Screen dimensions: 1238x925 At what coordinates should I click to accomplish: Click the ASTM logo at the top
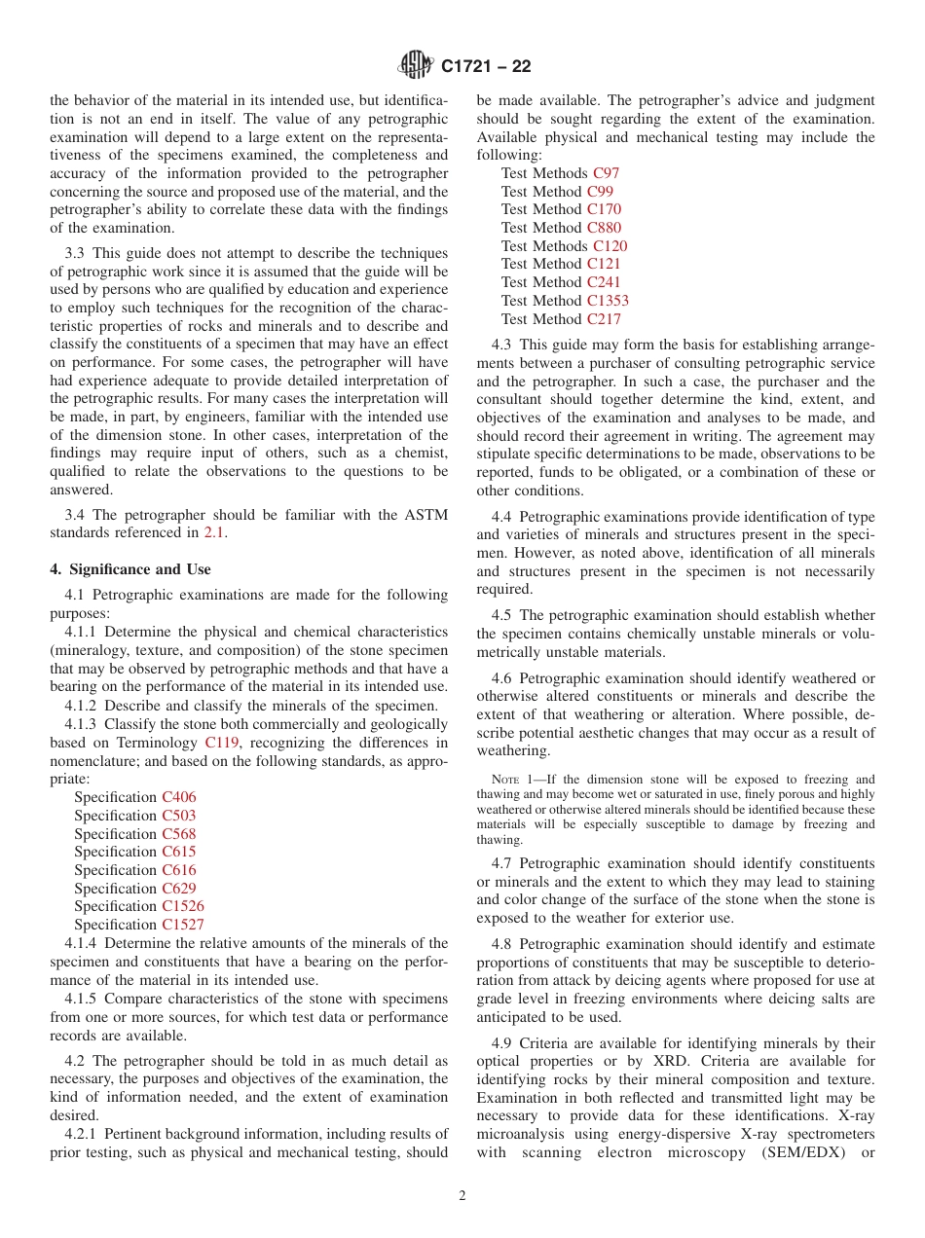click(416, 66)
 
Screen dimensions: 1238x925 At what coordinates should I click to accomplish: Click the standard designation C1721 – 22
click(486, 67)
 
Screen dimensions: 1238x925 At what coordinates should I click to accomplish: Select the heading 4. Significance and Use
click(130, 569)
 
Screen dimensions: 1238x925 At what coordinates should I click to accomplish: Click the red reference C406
click(178, 797)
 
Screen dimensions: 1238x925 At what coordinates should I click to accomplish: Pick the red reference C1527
click(182, 925)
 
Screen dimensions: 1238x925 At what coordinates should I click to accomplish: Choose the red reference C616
click(178, 870)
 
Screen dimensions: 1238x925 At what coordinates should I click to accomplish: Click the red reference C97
click(606, 173)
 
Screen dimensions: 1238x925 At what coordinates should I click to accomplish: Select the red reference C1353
click(608, 301)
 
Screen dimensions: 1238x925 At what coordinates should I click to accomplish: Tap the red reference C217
click(604, 319)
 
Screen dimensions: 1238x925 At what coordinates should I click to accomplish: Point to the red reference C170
click(604, 209)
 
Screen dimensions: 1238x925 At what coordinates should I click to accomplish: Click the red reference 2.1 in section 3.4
click(214, 532)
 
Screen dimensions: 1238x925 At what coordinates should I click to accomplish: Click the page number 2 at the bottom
click(462, 1196)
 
